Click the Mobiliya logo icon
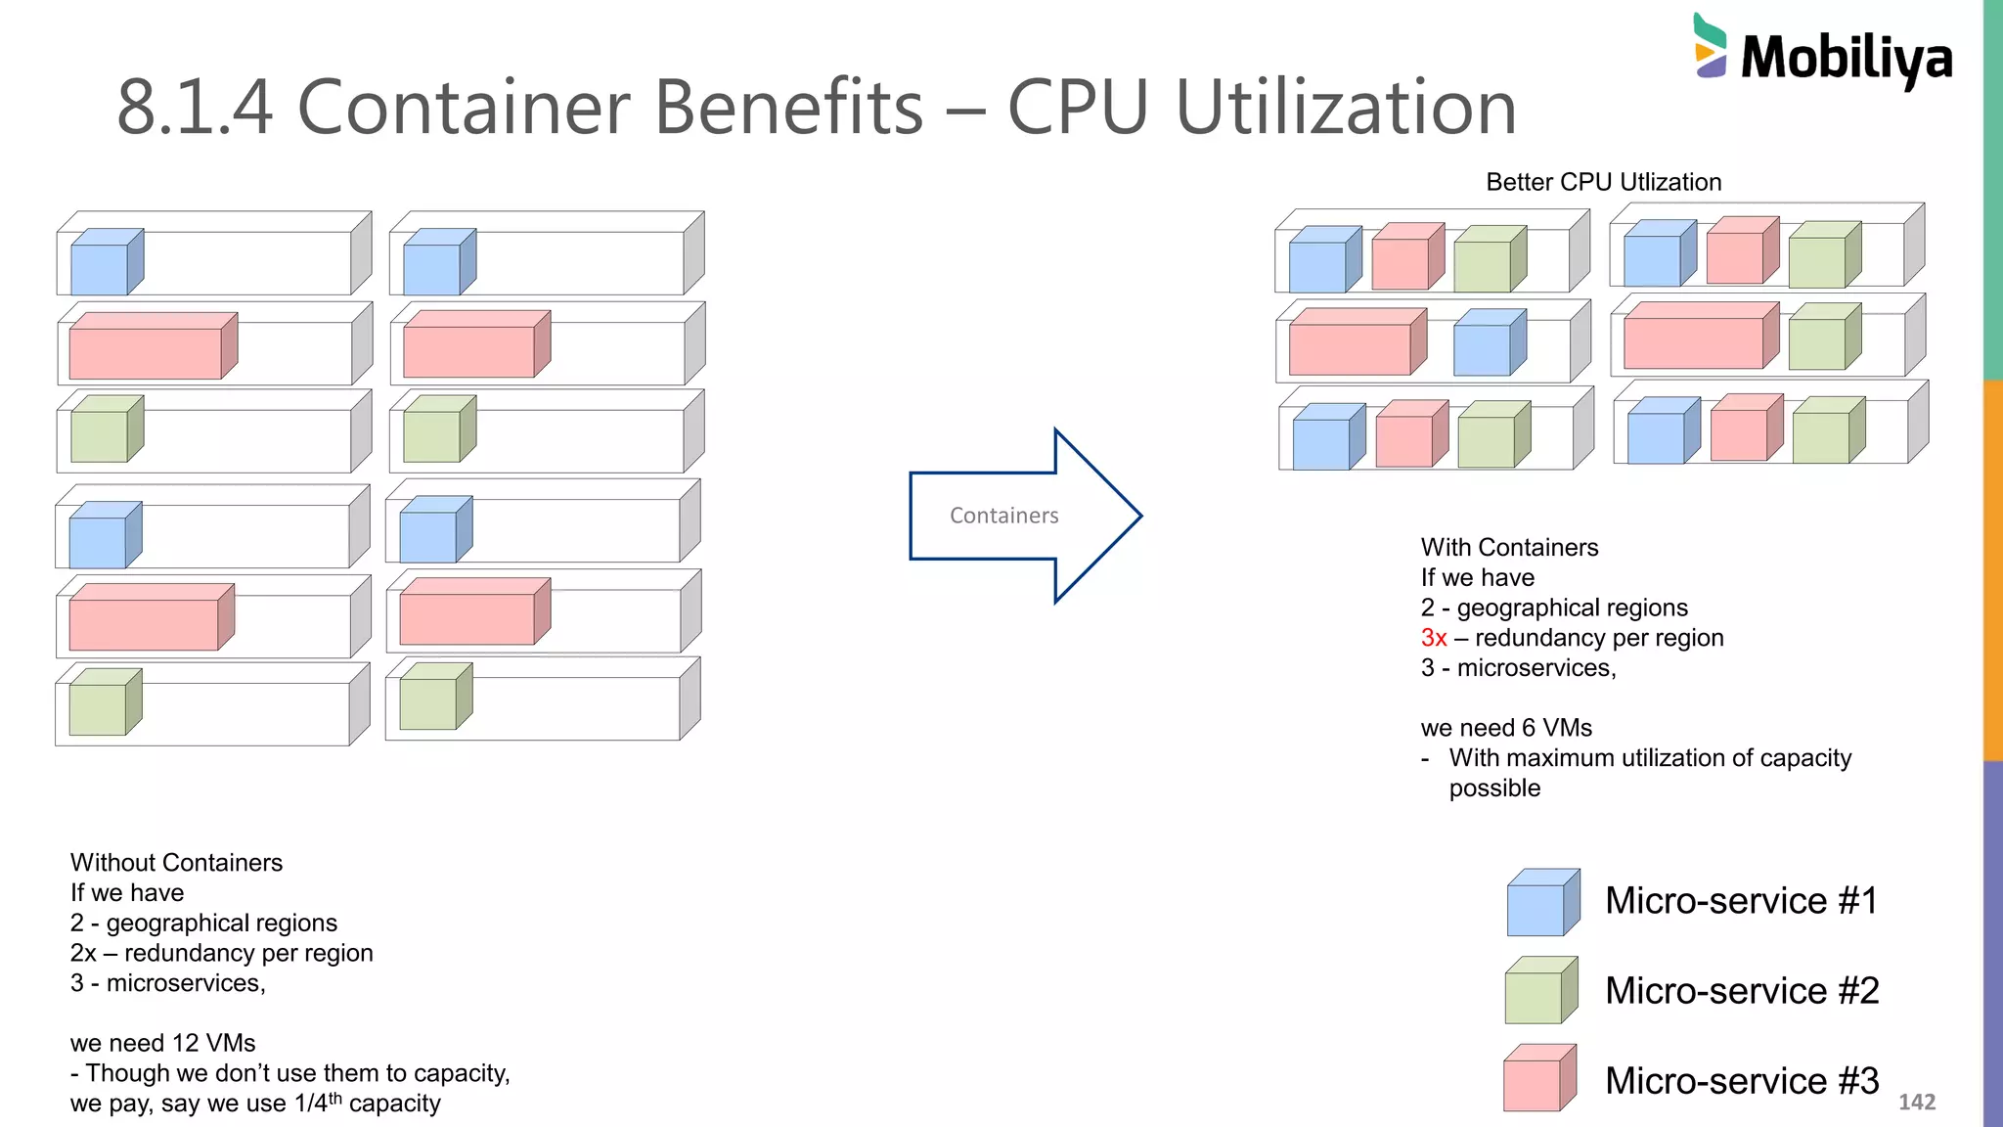[1710, 46]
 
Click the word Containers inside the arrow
[1003, 516]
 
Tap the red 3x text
[1433, 638]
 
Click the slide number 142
[1916, 1102]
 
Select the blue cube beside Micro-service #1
[1542, 902]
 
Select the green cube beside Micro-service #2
[1540, 990]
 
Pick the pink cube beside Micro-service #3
[1539, 1079]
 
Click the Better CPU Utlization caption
[1603, 182]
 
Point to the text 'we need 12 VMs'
[162, 1043]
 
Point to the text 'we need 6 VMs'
[1505, 728]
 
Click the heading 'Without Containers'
[176, 863]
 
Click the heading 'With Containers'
[1509, 548]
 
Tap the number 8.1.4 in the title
[195, 108]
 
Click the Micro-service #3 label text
[1741, 1081]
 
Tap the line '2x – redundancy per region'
[221, 953]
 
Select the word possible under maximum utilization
[1494, 789]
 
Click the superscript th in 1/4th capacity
[335, 1098]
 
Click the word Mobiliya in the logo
[1847, 59]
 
